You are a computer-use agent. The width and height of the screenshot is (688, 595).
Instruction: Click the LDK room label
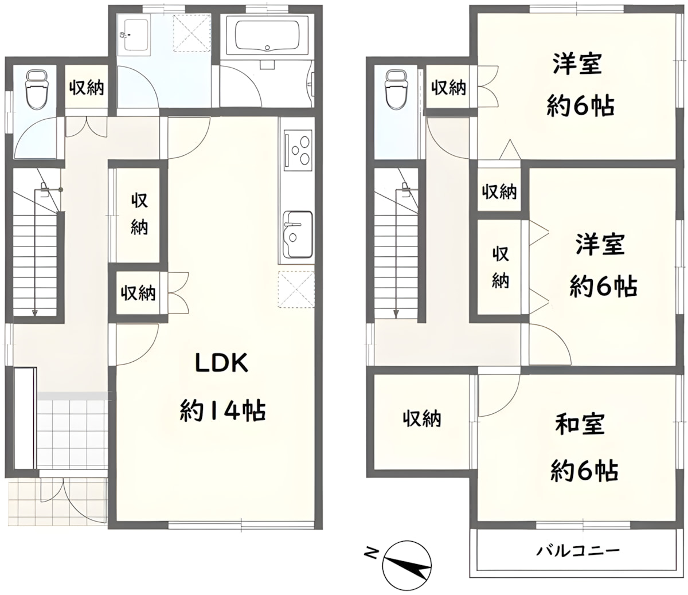pos(221,363)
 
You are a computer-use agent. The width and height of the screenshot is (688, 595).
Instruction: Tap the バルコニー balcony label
pos(578,551)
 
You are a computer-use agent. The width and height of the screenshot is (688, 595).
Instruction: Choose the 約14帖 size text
pos(222,410)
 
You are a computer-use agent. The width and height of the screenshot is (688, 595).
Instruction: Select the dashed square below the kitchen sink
pos(296,289)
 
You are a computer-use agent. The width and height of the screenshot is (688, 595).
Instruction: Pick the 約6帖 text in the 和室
pos(584,471)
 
